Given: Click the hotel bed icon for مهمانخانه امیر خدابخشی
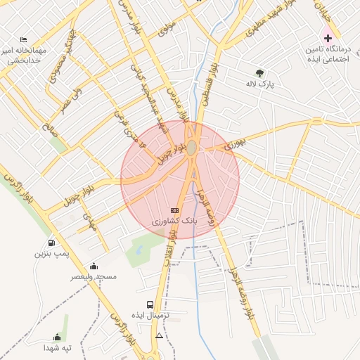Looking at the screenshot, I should point(24,39).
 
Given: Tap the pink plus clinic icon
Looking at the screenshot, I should point(328,37).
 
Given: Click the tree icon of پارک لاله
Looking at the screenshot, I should point(260,72).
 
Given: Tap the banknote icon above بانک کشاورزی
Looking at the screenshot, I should point(175,210).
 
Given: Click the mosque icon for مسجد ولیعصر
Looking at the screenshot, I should point(94,266).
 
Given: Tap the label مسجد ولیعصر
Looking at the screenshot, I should point(94,277).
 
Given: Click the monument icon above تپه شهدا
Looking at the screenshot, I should point(57,337).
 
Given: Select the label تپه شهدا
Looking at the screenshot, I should point(57,348).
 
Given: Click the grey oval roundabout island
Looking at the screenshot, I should point(192,147).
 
